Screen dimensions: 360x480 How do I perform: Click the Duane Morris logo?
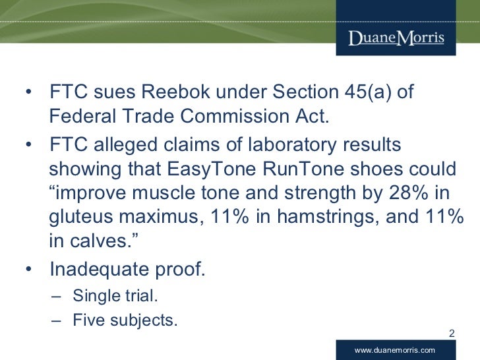(396, 37)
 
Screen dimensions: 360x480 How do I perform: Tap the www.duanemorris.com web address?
(395, 349)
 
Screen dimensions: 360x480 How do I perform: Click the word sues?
(103, 92)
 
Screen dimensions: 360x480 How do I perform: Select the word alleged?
(121, 144)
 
